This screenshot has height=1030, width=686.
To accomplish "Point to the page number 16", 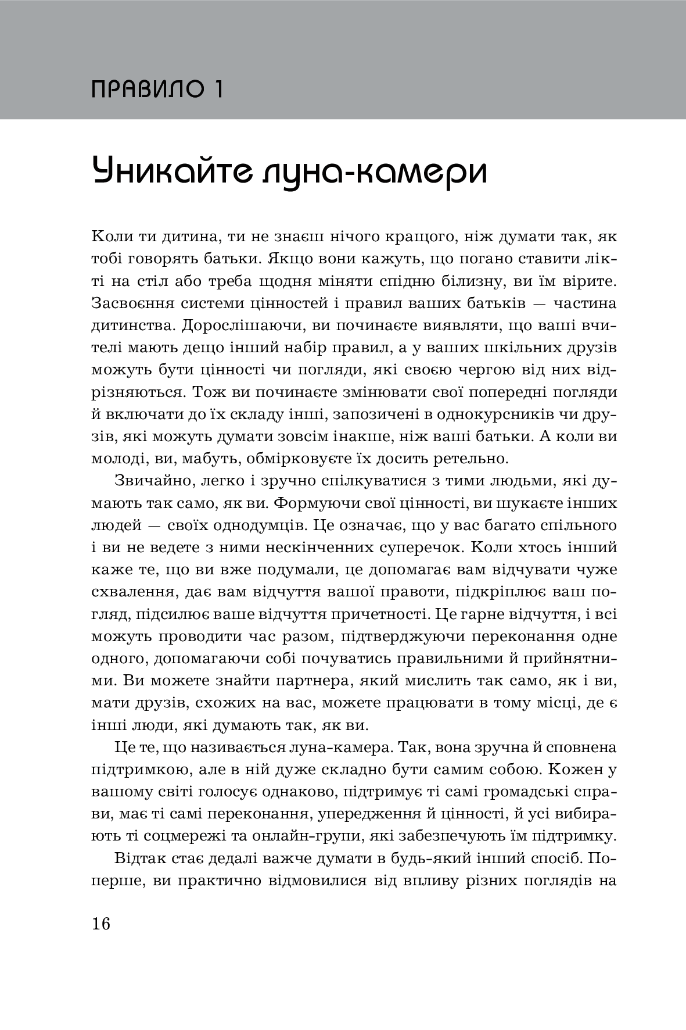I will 100,923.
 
